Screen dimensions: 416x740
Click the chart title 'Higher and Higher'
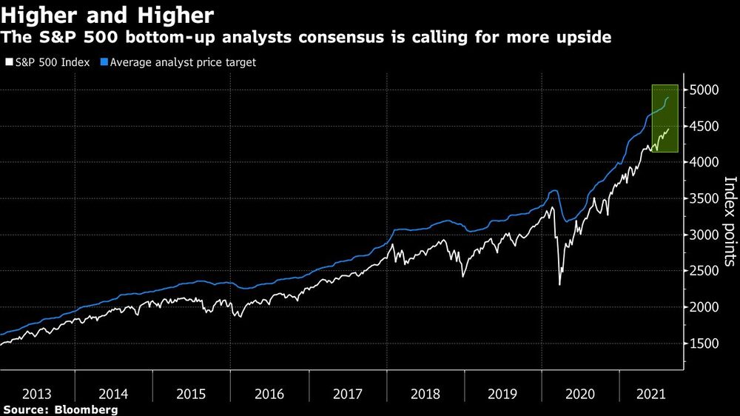click(108, 15)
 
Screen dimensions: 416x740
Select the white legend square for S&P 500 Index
click(8, 63)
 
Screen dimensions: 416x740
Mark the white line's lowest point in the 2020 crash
click(559, 284)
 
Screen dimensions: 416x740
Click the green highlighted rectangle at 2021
click(665, 118)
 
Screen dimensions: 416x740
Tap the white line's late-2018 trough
click(463, 276)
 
